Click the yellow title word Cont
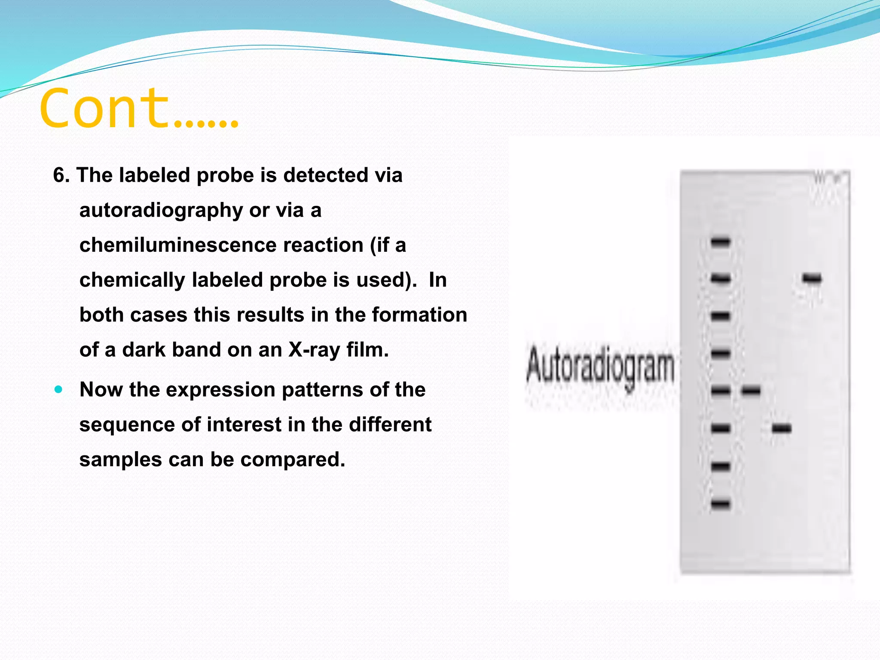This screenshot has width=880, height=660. coord(105,108)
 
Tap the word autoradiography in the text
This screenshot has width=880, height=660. coord(161,211)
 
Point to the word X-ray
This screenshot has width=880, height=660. coord(314,350)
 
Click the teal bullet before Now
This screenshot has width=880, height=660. coord(59,390)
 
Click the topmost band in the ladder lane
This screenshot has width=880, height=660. coord(720,242)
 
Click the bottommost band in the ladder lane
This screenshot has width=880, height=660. coord(720,504)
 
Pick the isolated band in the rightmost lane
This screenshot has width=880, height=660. coord(812,279)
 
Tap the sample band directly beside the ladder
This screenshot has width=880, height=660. coord(751,391)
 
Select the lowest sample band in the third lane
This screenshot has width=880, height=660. coord(781,428)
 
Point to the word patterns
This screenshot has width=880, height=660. coord(326,390)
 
